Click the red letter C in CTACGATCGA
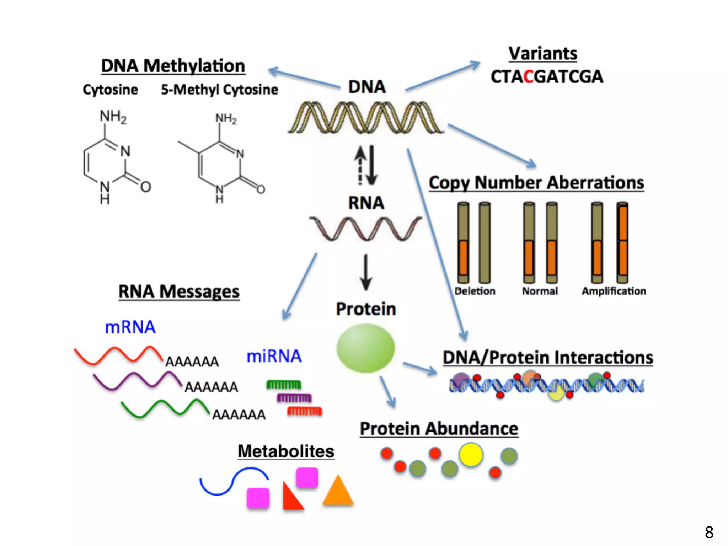tap(529, 77)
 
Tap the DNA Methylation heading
tap(173, 66)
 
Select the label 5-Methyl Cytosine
tap(219, 90)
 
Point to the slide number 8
tap(709, 532)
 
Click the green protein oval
tap(365, 348)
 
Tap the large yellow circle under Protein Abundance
tap(471, 454)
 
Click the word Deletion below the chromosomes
tap(475, 291)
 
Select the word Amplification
tap(614, 291)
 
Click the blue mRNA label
tap(130, 327)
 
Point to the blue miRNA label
tap(274, 356)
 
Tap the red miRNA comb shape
tap(305, 411)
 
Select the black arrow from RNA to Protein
tap(365, 272)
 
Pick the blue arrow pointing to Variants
tap(443, 76)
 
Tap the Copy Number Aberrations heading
tap(536, 183)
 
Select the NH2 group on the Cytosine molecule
tap(113, 117)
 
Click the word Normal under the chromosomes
tap(540, 291)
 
